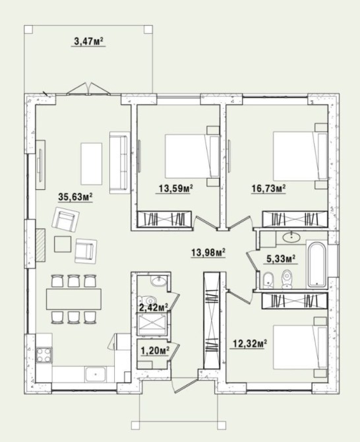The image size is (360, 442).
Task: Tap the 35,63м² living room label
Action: tap(75, 197)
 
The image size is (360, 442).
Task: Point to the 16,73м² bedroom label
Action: tap(269, 188)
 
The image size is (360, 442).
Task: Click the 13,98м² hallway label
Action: tap(208, 252)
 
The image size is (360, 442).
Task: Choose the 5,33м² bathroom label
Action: tap(281, 258)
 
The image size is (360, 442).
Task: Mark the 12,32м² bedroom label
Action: tap(250, 344)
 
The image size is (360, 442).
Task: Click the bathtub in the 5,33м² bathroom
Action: tap(317, 264)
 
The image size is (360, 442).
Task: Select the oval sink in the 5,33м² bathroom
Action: tap(291, 237)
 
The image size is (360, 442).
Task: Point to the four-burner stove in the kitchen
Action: tap(44, 355)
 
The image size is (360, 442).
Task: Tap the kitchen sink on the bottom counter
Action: tap(96, 374)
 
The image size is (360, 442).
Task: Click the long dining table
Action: tap(74, 299)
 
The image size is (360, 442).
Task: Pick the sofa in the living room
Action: tap(120, 162)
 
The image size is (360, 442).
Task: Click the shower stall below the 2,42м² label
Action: tap(152, 324)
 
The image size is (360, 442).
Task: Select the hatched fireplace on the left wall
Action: tap(40, 245)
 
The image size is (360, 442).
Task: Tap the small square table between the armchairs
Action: tap(63, 244)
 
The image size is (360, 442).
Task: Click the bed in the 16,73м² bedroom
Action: tap(300, 156)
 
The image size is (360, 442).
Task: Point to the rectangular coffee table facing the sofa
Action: tap(92, 164)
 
